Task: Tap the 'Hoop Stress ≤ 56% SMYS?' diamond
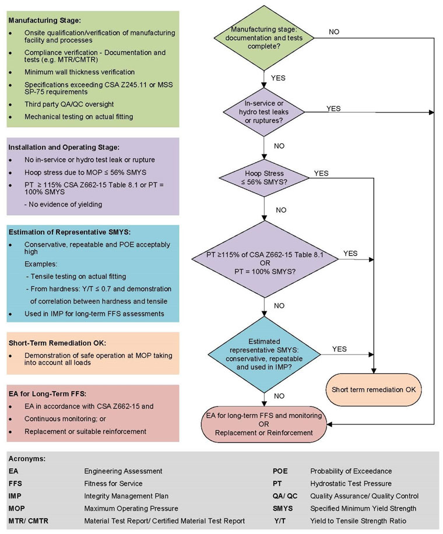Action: (265, 177)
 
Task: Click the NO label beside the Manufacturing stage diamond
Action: (334, 31)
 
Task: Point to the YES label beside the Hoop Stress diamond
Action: (321, 174)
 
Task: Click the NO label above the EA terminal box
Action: (278, 395)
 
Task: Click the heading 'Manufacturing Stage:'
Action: (39, 20)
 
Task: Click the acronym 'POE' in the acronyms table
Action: (280, 470)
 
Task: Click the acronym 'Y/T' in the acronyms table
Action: (280, 521)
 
